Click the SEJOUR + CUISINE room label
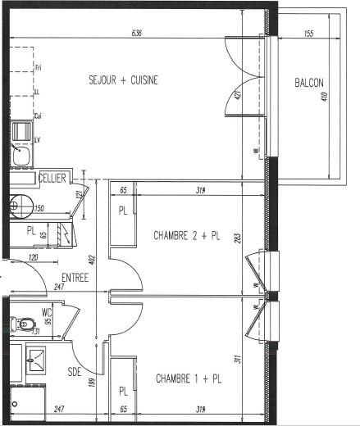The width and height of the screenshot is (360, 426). tap(123, 80)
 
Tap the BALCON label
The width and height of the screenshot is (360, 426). tap(310, 83)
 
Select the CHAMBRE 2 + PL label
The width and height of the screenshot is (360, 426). tap(188, 236)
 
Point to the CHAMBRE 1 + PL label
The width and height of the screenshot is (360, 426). tap(188, 379)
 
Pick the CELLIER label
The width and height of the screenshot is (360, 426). tap(52, 178)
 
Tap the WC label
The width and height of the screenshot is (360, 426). tap(47, 310)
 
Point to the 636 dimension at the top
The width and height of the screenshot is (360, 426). tap(137, 34)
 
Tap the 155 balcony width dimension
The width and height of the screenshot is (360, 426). tap(308, 34)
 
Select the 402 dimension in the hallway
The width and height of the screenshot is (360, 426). tap(93, 260)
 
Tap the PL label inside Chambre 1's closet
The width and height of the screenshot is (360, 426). tap(124, 392)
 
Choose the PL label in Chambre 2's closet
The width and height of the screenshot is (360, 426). tap(124, 211)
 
